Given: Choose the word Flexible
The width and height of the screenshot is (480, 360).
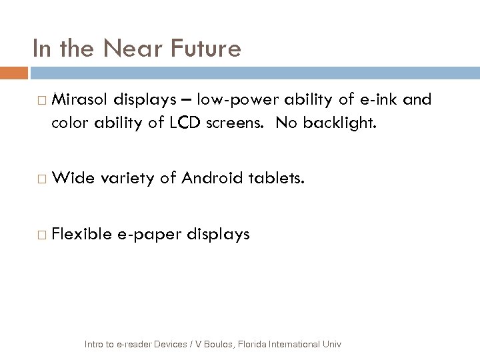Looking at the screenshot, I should tap(82, 234).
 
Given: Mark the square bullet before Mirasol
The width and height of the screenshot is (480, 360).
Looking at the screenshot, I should tap(43, 101).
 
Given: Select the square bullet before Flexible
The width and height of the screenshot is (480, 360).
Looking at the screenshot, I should tap(43, 235).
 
